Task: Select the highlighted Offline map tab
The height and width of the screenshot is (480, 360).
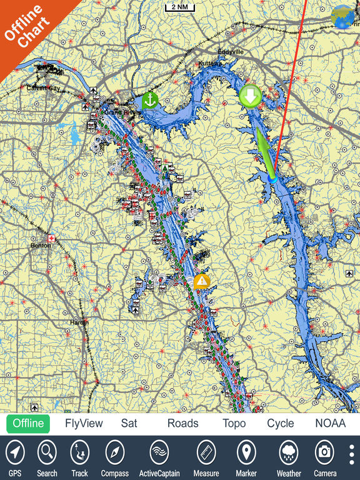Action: tap(29, 423)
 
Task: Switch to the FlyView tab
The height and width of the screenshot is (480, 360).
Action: tap(84, 423)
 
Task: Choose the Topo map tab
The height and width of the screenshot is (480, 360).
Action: tap(234, 423)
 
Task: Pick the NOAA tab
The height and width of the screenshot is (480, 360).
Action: tap(330, 423)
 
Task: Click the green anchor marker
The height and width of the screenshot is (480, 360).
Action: tap(150, 100)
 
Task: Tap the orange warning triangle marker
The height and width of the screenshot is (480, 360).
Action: tap(201, 281)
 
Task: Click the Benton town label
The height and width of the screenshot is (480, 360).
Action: tap(40, 246)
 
